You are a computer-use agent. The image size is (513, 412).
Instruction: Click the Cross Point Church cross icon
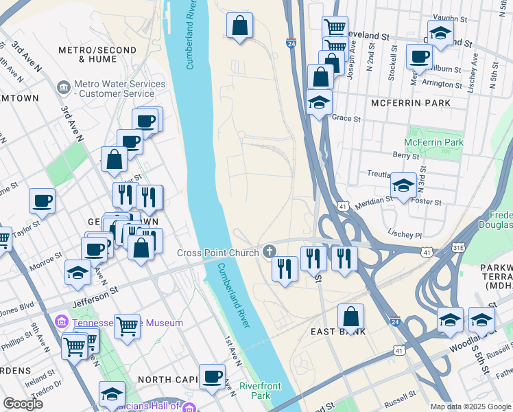click(267, 253)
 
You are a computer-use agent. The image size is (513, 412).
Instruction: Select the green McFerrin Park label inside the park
click(433, 143)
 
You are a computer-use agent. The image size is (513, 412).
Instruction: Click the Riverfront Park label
click(261, 391)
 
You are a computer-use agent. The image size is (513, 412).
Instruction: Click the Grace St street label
click(346, 118)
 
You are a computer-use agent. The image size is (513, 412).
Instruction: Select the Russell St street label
click(401, 396)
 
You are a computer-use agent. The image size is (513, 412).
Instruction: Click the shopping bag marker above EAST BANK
click(350, 317)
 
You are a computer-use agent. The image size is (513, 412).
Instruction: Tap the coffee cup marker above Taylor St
click(42, 201)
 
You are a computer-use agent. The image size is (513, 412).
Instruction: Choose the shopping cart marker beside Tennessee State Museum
click(127, 327)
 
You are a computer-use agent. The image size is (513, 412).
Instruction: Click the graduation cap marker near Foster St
click(403, 185)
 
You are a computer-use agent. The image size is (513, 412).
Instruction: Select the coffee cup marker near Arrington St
click(418, 57)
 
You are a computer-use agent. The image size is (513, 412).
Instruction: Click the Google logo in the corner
click(23, 404)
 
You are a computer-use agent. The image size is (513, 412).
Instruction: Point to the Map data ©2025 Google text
click(470, 407)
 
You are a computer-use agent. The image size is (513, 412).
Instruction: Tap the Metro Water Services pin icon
click(64, 88)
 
